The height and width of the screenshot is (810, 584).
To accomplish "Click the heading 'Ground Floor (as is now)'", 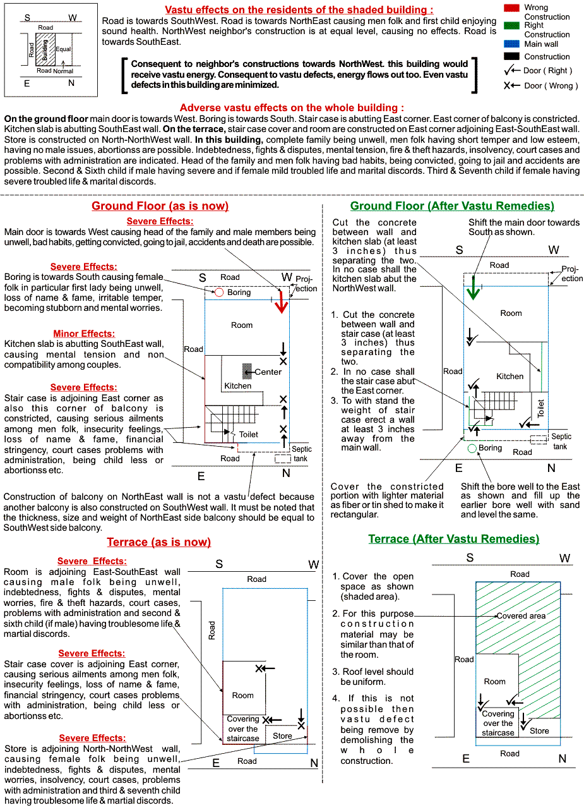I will point(160,206).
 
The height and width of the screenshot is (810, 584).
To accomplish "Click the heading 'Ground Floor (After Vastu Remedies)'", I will point(452,206).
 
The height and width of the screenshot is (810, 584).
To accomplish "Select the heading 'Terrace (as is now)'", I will point(158,542).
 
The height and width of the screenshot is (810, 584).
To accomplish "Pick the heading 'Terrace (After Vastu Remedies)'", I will point(453,539).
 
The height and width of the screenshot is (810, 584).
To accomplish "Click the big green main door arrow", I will point(472,291).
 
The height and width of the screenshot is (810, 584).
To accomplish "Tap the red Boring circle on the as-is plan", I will point(218,293).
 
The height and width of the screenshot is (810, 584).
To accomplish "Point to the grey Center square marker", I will point(247,372).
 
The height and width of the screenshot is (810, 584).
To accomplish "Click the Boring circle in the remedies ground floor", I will point(472,449).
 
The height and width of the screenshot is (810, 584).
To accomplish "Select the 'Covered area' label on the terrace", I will point(521,616).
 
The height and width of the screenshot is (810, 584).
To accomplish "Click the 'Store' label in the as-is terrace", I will point(282,736).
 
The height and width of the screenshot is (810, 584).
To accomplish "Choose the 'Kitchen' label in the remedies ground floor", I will point(510,377).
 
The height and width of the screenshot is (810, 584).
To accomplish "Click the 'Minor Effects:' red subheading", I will point(84,334).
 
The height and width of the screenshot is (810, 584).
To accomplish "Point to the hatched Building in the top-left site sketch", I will point(42,49).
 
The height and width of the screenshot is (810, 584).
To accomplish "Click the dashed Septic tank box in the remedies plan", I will point(539,439).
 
